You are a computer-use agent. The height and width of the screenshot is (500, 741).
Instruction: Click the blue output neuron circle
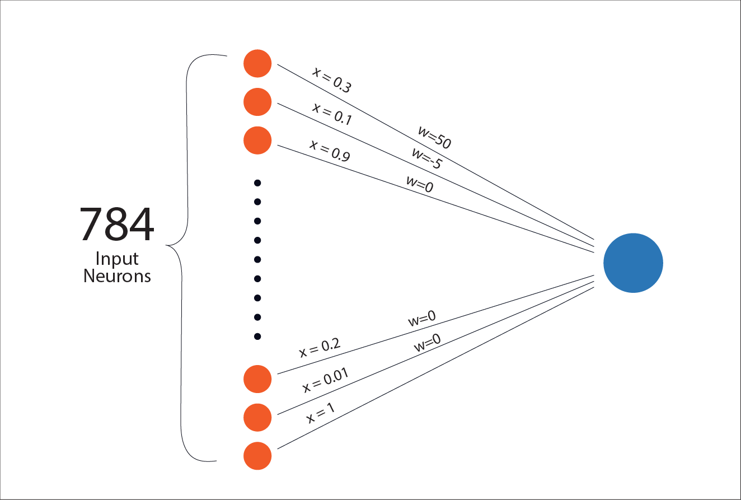[x=633, y=263]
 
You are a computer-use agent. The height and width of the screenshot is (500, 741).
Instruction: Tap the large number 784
[x=116, y=225]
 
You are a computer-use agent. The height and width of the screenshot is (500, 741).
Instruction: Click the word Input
[x=117, y=259]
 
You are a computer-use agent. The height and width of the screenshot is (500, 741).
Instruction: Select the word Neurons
[x=117, y=276]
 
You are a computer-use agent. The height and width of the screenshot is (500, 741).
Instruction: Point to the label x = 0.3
[x=332, y=79]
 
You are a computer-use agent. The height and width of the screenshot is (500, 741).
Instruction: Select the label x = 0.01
[x=325, y=381]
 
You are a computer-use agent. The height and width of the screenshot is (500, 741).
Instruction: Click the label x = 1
[x=321, y=414]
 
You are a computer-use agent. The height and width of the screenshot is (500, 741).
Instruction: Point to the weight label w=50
[x=434, y=138]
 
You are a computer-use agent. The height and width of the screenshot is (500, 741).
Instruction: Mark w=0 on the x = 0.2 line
[x=421, y=320]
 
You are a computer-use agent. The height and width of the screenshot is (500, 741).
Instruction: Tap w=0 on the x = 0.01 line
[x=427, y=343]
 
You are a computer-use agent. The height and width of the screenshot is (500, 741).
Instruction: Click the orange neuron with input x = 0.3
[x=257, y=64]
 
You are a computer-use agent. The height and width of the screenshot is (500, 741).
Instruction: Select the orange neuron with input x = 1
[x=257, y=456]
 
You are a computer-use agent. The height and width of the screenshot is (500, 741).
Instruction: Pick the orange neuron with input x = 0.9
[x=257, y=140]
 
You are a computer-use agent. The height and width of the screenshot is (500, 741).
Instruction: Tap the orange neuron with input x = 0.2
[x=257, y=379]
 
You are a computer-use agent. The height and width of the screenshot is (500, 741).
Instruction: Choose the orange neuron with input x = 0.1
[x=257, y=102]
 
